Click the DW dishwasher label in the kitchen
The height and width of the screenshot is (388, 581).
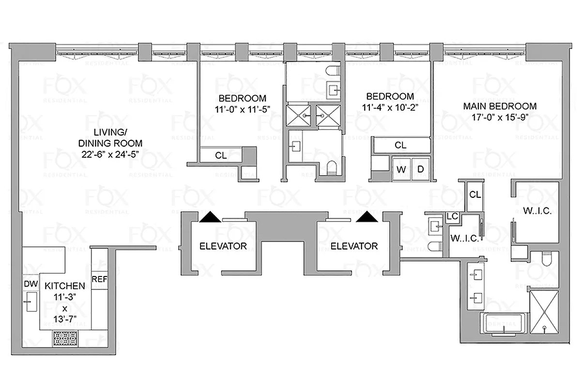tap(30, 283)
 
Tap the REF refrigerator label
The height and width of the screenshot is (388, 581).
tap(99, 279)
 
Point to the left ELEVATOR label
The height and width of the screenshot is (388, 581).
tap(223, 246)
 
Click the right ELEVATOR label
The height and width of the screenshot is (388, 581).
tap(353, 246)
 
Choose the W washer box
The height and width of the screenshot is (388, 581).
tap(401, 169)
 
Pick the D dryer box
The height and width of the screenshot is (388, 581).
tap(420, 169)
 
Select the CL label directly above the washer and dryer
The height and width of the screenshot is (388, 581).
tap(400, 145)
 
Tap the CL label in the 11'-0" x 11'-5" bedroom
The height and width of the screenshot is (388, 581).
tap(220, 156)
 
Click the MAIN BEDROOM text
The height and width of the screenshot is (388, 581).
tap(500, 106)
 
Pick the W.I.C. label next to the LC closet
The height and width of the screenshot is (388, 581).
tap(465, 239)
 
